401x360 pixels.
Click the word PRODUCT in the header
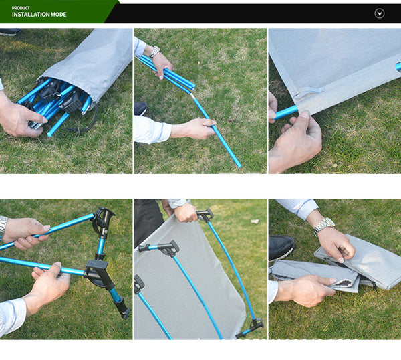(20, 8)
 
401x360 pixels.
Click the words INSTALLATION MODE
(39, 15)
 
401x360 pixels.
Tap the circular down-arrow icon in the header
(380, 13)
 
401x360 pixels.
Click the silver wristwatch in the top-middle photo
(154, 52)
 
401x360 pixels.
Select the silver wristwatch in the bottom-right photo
(324, 226)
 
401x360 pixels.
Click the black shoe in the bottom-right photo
(281, 248)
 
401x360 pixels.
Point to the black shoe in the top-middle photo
(140, 108)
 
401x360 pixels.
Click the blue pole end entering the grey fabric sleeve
(286, 112)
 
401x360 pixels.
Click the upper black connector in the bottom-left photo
(102, 221)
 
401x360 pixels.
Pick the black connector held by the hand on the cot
(205, 215)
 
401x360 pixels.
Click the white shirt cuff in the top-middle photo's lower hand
(152, 129)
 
